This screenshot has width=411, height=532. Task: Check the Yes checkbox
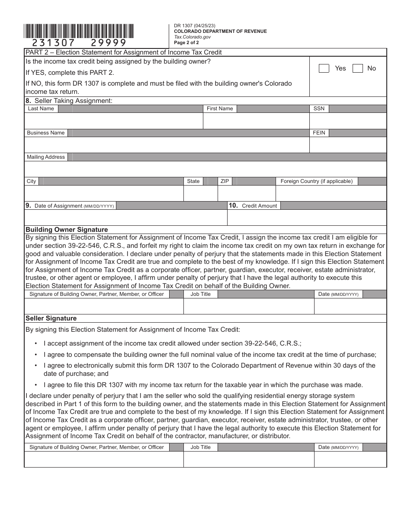324,68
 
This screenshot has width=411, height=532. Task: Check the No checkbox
358,68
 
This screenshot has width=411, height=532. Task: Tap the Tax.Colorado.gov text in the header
193,37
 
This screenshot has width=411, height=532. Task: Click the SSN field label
319,109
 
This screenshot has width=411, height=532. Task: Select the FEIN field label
319,133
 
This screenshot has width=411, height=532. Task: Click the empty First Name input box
256,121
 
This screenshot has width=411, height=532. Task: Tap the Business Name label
45,133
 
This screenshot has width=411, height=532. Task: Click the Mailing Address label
45,157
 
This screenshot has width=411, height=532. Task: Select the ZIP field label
225,181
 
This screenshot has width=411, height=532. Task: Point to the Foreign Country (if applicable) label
316,181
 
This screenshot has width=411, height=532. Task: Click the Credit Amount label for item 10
259,206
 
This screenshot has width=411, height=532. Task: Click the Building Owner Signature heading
67,230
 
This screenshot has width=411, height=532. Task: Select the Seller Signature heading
51,318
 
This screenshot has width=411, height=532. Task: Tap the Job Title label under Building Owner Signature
200,294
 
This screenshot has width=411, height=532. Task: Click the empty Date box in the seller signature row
350,459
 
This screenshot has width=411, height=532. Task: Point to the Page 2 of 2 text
186,42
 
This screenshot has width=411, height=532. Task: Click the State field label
193,181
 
